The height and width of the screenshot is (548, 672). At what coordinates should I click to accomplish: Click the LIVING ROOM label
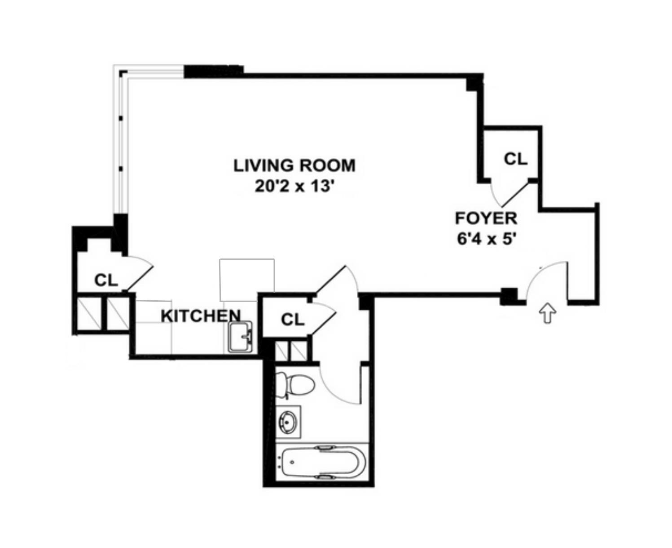[294, 165]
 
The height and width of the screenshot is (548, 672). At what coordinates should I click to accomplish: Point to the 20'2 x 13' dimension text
[294, 186]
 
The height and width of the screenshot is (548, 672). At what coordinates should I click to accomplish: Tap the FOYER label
[486, 218]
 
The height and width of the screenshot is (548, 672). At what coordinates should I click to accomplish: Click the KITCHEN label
[201, 316]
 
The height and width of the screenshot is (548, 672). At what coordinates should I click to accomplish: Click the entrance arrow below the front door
[547, 313]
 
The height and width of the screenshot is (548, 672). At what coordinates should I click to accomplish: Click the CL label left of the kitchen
[106, 281]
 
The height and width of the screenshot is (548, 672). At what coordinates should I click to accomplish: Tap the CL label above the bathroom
[293, 319]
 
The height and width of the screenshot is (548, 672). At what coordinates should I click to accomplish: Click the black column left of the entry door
[509, 295]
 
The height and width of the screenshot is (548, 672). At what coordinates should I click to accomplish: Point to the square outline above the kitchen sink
[247, 280]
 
